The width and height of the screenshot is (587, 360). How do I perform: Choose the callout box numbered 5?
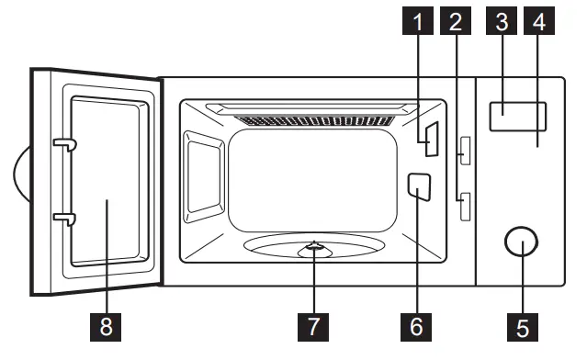520,326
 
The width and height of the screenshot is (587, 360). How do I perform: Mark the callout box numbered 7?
313,326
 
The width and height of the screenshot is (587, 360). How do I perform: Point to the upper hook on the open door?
62,144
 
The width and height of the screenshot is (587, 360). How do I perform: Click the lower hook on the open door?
62,218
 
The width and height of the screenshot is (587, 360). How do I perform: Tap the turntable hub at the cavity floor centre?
314,246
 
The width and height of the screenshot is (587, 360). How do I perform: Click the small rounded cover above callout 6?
417,187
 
